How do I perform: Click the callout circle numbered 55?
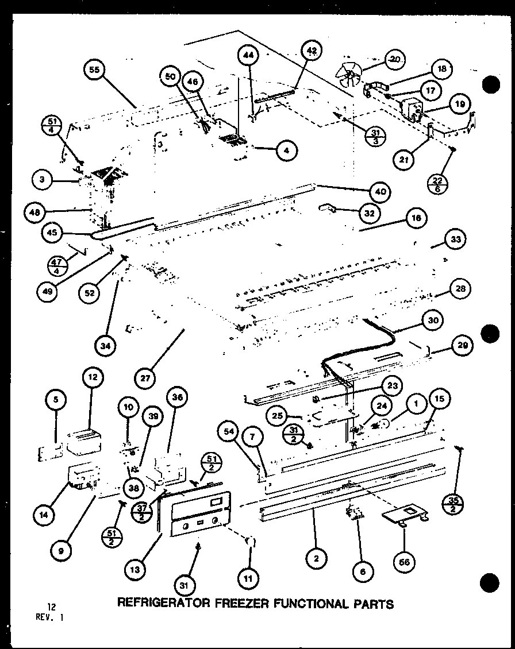94,70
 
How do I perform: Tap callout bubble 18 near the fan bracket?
442,69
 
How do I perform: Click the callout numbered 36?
176,396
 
